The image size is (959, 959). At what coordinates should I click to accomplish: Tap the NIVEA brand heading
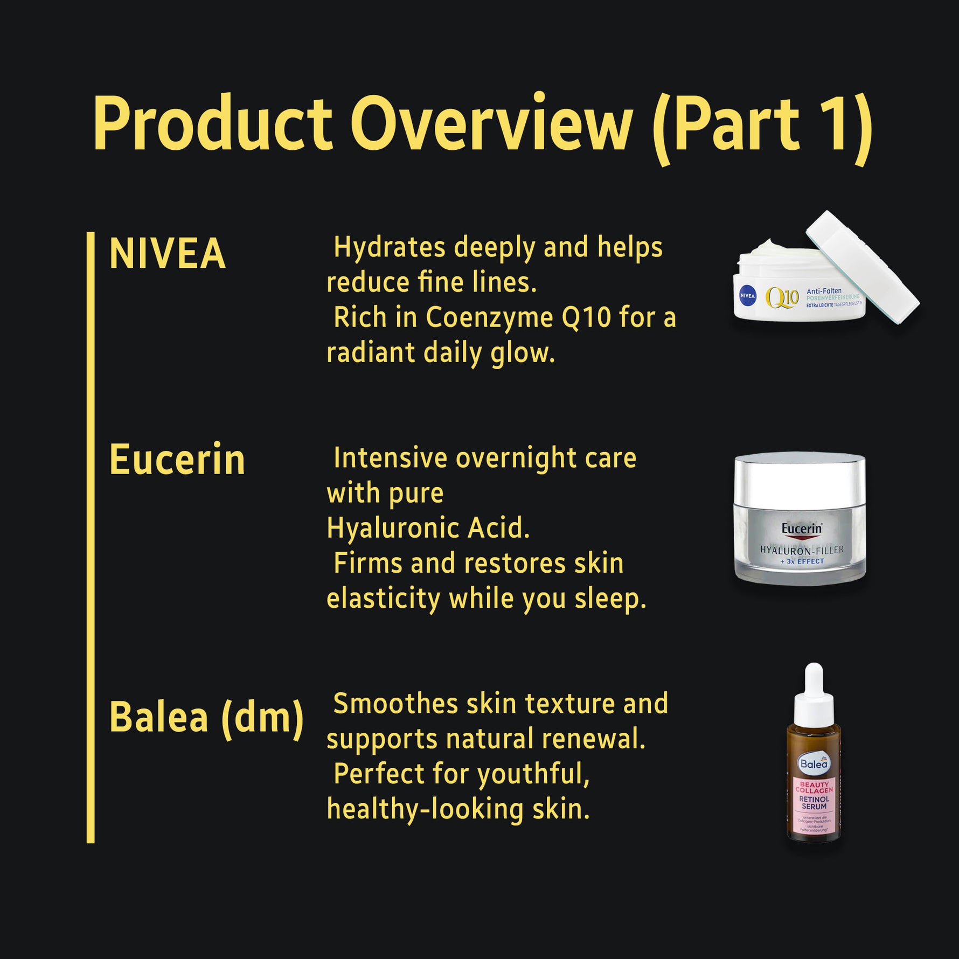[167, 253]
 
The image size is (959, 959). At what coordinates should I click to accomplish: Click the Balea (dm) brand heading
[206, 718]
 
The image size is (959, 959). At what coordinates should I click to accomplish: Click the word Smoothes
[395, 704]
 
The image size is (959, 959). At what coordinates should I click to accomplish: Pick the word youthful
[533, 774]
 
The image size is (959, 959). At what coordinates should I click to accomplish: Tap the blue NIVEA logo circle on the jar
[747, 296]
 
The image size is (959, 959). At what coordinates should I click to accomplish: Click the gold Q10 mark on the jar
[782, 297]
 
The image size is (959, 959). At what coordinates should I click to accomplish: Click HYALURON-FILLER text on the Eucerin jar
[802, 550]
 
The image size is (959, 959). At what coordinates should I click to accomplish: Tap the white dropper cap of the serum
[814, 695]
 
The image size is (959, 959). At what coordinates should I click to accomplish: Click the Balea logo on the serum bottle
[814, 763]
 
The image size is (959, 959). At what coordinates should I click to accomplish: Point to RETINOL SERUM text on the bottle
[814, 803]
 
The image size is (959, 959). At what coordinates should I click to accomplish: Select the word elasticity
[383, 599]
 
